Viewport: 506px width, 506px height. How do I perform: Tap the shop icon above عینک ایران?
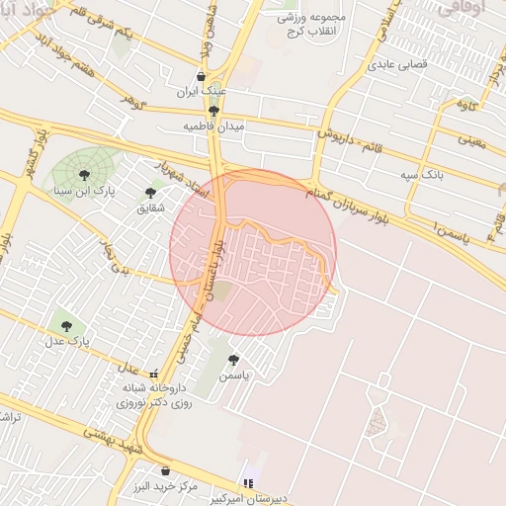click(201, 76)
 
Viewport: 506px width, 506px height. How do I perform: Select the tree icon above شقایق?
click(150, 193)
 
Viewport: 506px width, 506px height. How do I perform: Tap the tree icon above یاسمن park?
click(233, 360)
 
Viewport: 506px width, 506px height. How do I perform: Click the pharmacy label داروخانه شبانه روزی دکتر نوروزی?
click(153, 396)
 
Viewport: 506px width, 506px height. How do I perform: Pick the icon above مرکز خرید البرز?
click(164, 471)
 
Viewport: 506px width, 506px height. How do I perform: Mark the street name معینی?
click(473, 141)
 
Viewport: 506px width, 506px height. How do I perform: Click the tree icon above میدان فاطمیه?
click(214, 111)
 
